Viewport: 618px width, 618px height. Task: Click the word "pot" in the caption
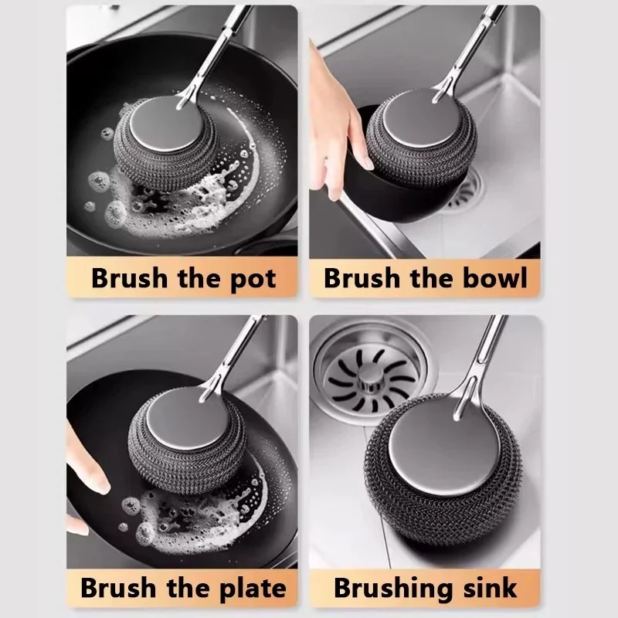click(x=253, y=280)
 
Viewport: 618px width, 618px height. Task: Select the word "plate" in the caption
click(x=253, y=589)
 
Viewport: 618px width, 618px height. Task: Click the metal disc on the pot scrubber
click(x=168, y=123)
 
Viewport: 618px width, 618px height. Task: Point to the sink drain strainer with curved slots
click(x=372, y=379)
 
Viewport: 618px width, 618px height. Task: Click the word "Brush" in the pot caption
click(x=130, y=278)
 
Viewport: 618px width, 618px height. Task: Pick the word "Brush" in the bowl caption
click(x=362, y=277)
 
